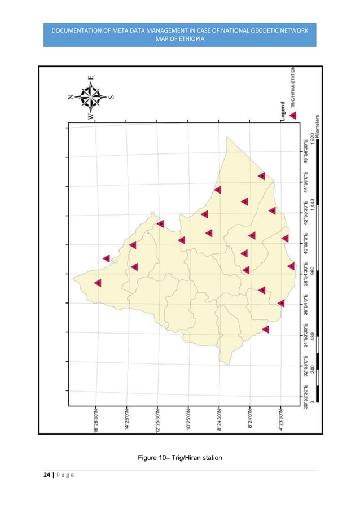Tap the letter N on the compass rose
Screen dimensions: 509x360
pos(71,97)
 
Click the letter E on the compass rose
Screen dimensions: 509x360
pos(91,78)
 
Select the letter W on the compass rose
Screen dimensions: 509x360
pos(90,115)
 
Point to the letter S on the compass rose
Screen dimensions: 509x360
pos(111,96)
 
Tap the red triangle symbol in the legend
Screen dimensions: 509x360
pos(293,116)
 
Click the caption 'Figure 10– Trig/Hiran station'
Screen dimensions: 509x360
pos(179,456)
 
